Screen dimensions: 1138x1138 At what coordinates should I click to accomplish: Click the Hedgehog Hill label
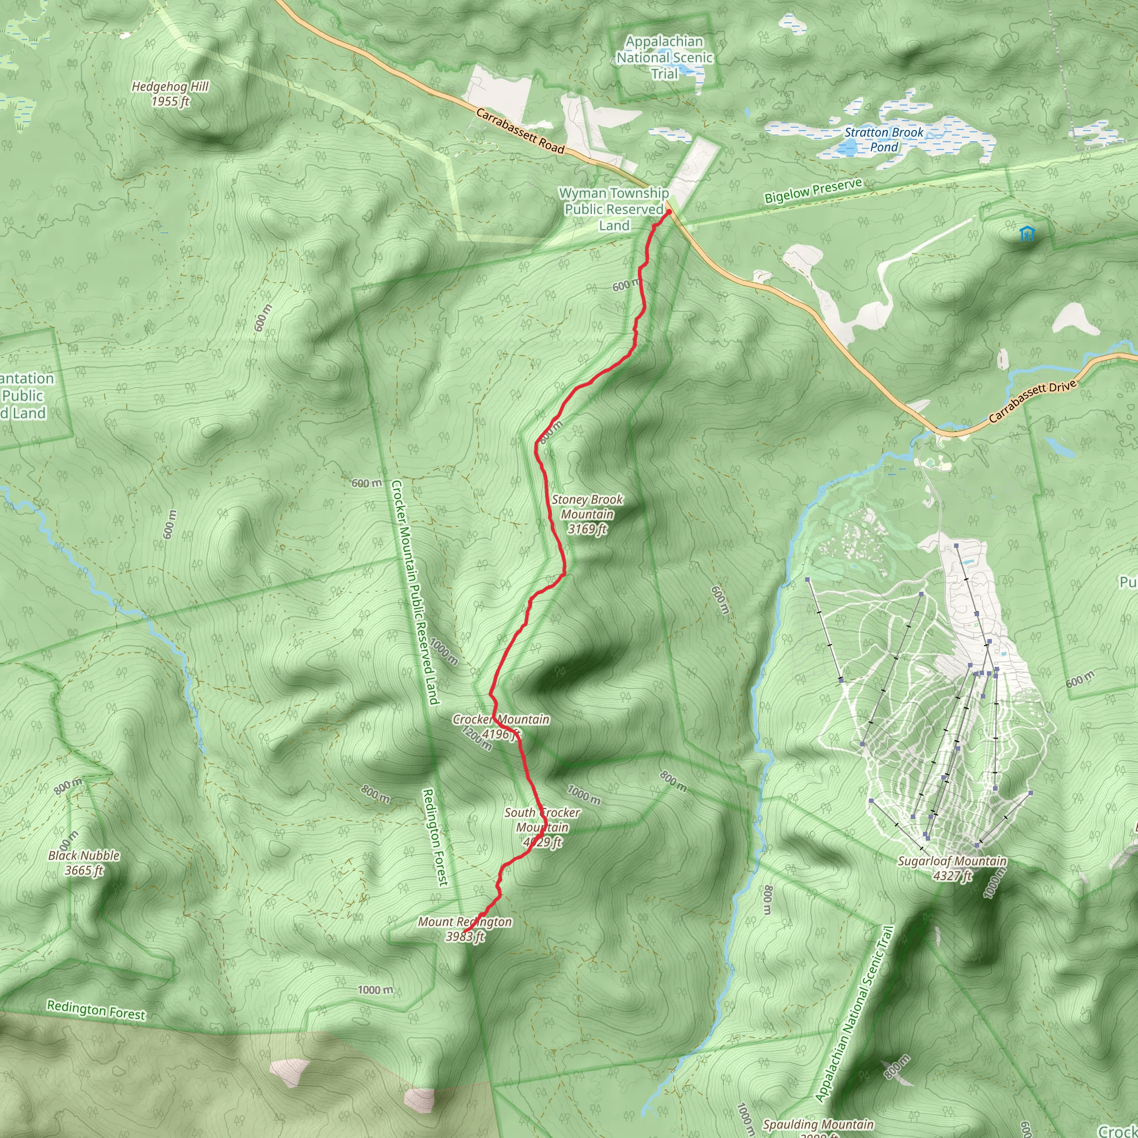pyautogui.click(x=170, y=94)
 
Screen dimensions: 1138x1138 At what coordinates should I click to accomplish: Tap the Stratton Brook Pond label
pyautogui.click(x=884, y=139)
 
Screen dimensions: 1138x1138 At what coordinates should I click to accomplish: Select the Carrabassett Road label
pyautogui.click(x=520, y=131)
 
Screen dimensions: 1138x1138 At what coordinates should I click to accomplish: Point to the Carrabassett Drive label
pyautogui.click(x=1032, y=402)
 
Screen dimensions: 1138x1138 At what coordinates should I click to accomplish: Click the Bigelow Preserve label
pyautogui.click(x=813, y=191)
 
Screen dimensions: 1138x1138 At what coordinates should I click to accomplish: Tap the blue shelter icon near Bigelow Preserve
pyautogui.click(x=1027, y=234)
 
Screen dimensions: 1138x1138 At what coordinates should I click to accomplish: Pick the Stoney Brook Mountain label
pyautogui.click(x=587, y=514)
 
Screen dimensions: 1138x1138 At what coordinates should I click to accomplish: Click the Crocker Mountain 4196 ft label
pyautogui.click(x=501, y=726)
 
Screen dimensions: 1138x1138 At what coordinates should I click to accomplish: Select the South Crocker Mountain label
pyautogui.click(x=542, y=827)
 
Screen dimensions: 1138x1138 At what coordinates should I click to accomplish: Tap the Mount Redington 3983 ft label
pyautogui.click(x=465, y=929)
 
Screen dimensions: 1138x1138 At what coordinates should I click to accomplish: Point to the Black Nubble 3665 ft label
pyautogui.click(x=84, y=863)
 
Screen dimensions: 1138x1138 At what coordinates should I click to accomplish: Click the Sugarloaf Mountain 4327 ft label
pyautogui.click(x=952, y=869)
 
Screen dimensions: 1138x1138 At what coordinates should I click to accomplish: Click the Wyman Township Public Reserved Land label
pyautogui.click(x=614, y=209)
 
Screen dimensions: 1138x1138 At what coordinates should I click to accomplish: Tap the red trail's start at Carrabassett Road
pyautogui.click(x=668, y=212)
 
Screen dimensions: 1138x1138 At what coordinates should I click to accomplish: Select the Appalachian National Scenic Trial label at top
pyautogui.click(x=665, y=58)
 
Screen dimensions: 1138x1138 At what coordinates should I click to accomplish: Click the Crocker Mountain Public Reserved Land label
pyautogui.click(x=415, y=592)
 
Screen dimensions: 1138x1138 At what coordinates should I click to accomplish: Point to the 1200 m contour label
pyautogui.click(x=476, y=738)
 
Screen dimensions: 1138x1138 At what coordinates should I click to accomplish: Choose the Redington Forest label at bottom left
pyautogui.click(x=96, y=1010)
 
